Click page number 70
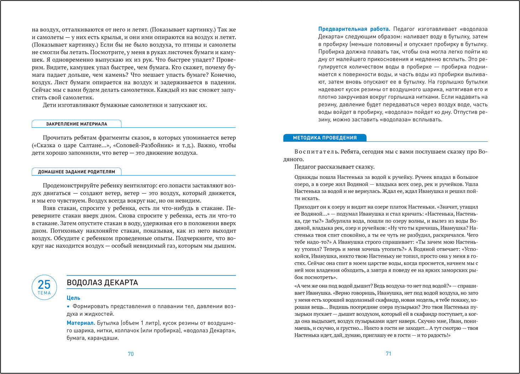(x=131, y=354)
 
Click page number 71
(x=388, y=353)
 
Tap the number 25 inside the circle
(x=44, y=284)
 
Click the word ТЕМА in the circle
(x=44, y=293)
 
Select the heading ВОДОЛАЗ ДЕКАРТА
(x=102, y=283)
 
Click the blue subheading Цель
(x=74, y=298)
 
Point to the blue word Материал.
(x=81, y=323)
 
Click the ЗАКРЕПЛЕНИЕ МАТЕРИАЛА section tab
(x=76, y=124)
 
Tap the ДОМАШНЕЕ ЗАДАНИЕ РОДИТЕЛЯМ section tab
(x=76, y=172)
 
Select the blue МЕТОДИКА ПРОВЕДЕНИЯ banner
(x=324, y=138)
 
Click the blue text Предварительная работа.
(x=354, y=29)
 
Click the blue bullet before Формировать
(x=68, y=306)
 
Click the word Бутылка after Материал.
(x=108, y=323)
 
